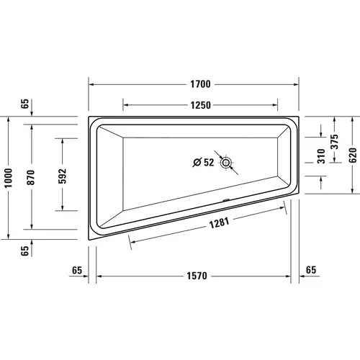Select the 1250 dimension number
pos(200,105)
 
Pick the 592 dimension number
pos(62,175)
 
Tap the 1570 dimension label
pos(197,276)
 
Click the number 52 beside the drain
pos(208,163)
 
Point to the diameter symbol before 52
pos(197,163)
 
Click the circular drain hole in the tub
pos(228,163)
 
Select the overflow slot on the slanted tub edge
pos(228,201)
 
